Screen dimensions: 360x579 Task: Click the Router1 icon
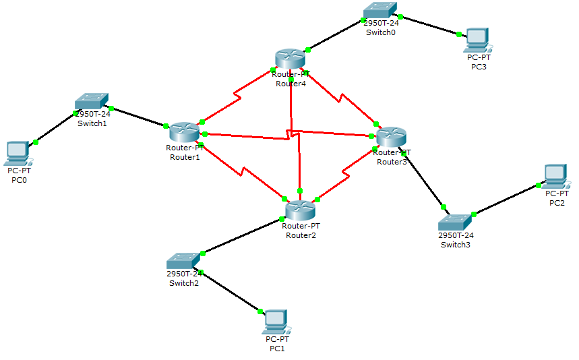pyautogui.click(x=183, y=132)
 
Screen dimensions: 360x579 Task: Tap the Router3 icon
pyautogui.click(x=392, y=138)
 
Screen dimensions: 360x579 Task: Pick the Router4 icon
pyautogui.click(x=291, y=59)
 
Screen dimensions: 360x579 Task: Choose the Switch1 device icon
pyautogui.click(x=92, y=101)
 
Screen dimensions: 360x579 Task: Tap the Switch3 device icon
pyautogui.click(x=456, y=222)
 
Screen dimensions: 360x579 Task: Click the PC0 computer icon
pyautogui.click(x=18, y=153)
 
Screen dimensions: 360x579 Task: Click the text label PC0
pyautogui.click(x=19, y=180)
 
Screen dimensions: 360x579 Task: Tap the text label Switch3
pyautogui.click(x=456, y=245)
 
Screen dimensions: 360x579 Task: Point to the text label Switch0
pyautogui.click(x=381, y=32)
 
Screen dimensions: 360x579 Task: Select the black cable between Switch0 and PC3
pyautogui.click(x=429, y=25)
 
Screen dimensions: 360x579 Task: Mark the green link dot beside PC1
pyautogui.click(x=259, y=311)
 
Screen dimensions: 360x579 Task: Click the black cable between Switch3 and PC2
pyautogui.click(x=506, y=200)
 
